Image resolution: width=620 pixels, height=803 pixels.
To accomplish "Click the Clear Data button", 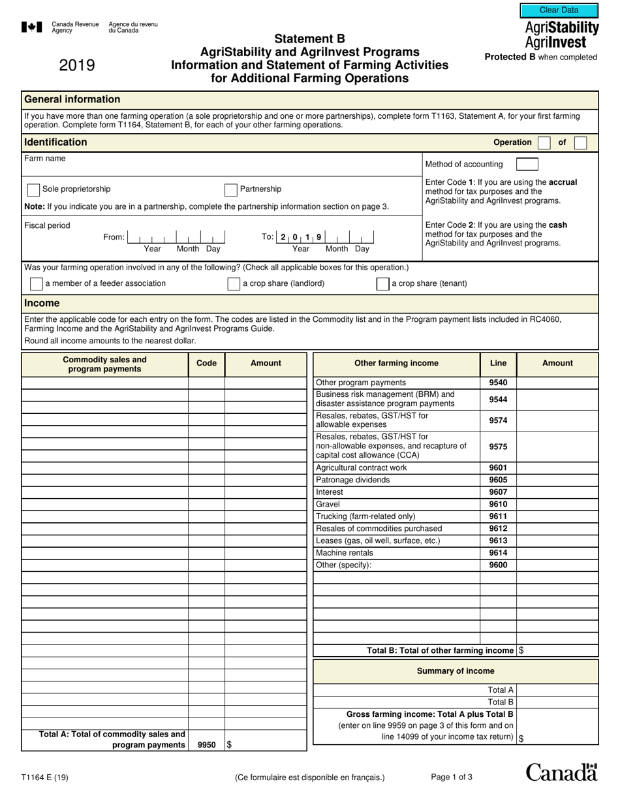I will click(559, 10).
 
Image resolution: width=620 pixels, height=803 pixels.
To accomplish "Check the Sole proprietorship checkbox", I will click(33, 190).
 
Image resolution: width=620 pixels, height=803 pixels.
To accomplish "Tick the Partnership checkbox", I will click(230, 190).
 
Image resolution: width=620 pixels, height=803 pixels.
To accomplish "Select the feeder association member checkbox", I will click(37, 284).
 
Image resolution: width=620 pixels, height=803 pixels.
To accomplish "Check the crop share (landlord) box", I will click(234, 284).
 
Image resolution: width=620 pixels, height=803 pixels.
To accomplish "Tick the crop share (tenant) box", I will click(383, 284).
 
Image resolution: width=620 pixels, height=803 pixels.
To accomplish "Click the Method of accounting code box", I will click(527, 165).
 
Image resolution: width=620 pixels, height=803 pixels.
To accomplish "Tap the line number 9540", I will click(498, 383).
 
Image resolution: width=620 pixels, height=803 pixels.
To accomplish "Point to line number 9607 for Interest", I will click(498, 492).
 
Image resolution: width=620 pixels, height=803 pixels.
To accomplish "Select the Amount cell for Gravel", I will click(557, 505).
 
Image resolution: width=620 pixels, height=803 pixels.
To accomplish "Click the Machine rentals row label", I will click(345, 553).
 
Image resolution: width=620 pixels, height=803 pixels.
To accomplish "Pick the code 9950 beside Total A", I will click(206, 745).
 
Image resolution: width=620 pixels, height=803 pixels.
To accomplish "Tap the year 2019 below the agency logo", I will click(77, 65).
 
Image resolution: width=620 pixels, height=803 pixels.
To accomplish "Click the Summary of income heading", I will click(456, 671).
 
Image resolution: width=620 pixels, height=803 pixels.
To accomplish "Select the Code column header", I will click(206, 364).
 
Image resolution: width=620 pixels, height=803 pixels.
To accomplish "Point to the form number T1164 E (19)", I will click(45, 777).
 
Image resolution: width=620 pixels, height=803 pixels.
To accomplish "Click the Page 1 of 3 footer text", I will click(452, 777).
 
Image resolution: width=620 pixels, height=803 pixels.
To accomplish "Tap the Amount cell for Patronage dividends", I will click(557, 480).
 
